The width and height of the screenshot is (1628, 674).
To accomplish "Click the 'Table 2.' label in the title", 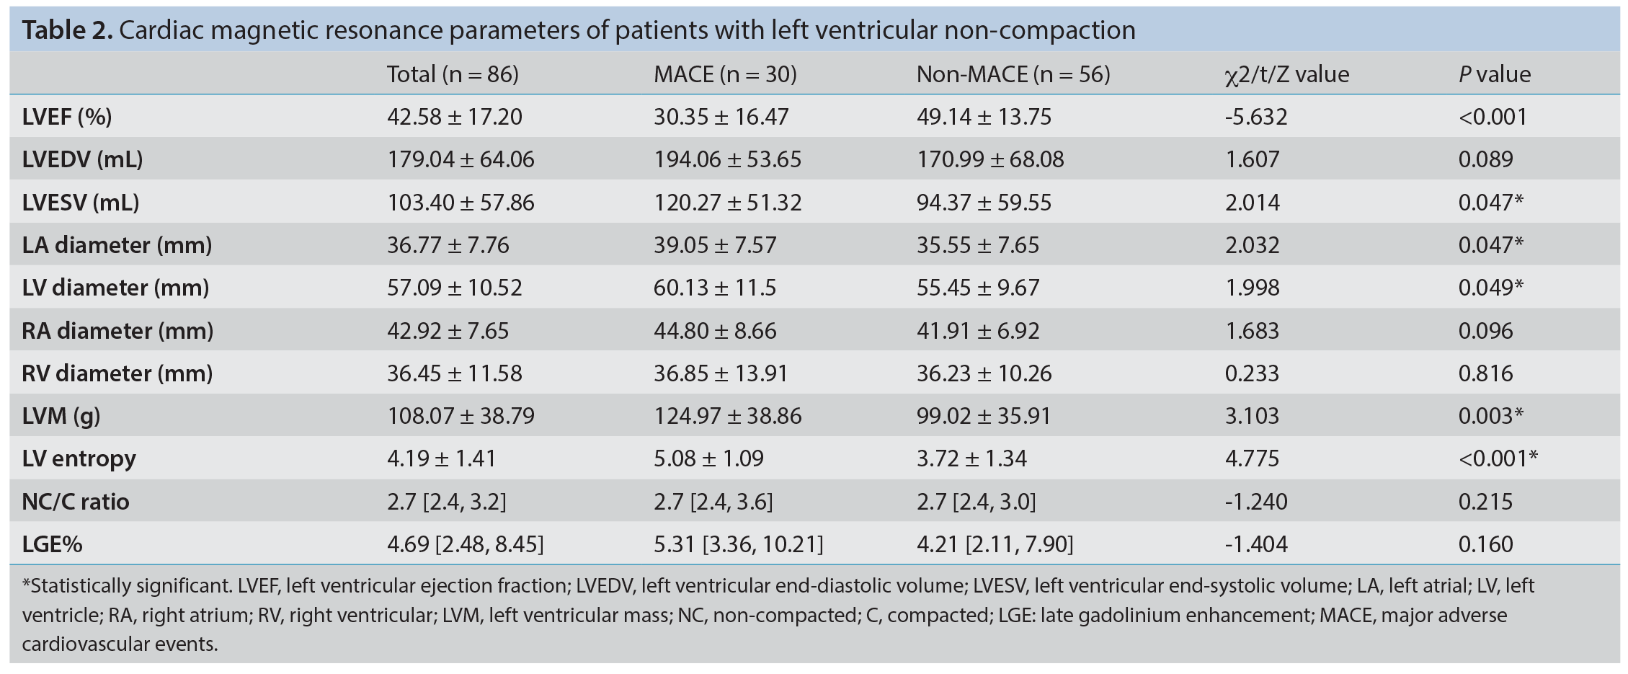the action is pos(67,30).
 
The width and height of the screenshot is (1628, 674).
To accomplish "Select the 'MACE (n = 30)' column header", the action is pos(725,74).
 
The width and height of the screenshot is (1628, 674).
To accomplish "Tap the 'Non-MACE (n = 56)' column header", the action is pos(1013,74).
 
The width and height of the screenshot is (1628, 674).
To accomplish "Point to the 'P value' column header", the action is pos(1494,74).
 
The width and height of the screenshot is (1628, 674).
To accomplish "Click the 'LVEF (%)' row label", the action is pos(67,117).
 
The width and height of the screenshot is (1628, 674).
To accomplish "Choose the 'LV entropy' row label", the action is pos(79,459).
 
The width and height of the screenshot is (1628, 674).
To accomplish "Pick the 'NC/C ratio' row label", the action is pos(76,501).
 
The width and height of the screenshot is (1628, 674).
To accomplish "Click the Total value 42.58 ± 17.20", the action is pos(454,117).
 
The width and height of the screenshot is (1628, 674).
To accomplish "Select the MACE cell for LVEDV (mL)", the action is pos(727,159).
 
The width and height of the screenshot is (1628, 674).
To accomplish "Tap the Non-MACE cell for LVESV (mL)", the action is pos(984,203).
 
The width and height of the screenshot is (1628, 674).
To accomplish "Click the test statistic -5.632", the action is pos(1255,117).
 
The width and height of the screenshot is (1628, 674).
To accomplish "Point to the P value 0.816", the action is pos(1485,373).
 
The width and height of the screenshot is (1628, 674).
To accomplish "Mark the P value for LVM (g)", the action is pos(1490,416).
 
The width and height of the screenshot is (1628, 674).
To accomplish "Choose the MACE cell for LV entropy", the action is pos(708,458).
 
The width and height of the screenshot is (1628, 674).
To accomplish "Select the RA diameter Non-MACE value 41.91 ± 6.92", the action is pos(978,331).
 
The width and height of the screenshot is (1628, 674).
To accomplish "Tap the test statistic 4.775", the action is pos(1252,458).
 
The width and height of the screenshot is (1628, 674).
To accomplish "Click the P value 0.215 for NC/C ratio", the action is pos(1485,502).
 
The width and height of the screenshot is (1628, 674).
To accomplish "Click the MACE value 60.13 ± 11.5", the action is pos(715,288).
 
